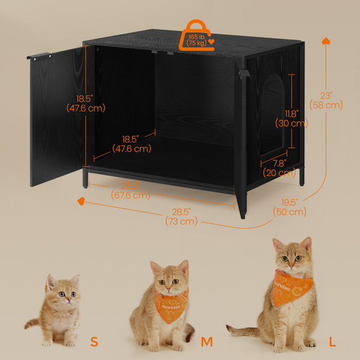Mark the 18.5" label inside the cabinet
(x=131, y=143)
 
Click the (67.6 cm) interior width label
(x=130, y=194)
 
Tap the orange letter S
(x=94, y=342)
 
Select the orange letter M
(x=207, y=342)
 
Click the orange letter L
(x=332, y=342)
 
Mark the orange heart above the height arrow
(x=326, y=41)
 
